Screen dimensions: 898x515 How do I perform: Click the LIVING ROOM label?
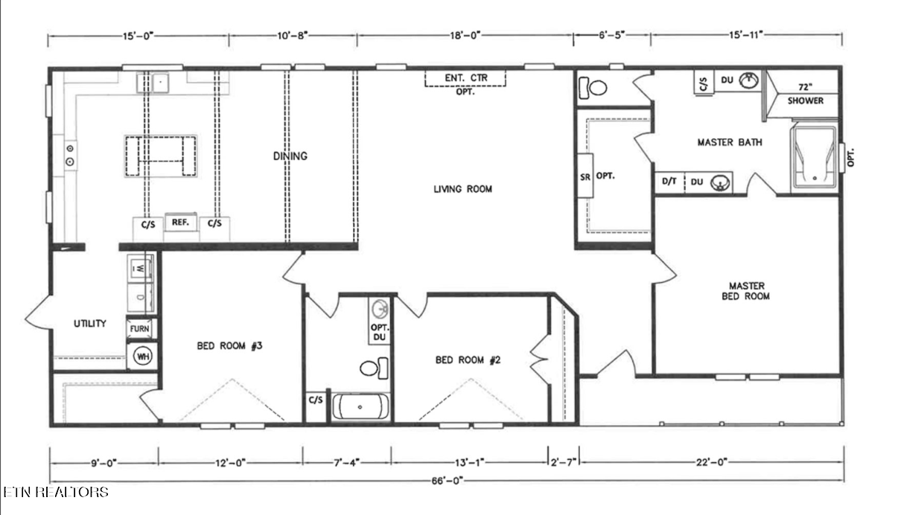[462, 189]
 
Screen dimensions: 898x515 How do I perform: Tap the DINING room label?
[290, 156]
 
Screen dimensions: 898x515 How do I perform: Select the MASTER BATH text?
[730, 142]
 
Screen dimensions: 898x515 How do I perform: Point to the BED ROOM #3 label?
[229, 345]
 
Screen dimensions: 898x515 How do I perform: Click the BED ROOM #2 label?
[468, 360]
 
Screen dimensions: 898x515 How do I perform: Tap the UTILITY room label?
[90, 324]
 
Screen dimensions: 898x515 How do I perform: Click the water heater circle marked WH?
[143, 356]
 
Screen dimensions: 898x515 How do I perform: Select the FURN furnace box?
[139, 329]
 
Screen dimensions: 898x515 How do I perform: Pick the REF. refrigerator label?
[180, 222]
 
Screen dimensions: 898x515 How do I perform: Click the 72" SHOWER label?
[806, 94]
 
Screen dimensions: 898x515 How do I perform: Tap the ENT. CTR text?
[466, 77]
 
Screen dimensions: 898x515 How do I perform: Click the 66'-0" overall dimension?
[447, 481]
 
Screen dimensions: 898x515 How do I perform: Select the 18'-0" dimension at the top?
[465, 36]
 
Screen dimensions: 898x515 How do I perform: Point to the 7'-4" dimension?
[347, 463]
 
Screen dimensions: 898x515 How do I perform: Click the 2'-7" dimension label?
[563, 463]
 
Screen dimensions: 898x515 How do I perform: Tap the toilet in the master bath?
[593, 88]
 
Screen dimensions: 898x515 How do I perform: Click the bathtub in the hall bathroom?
[360, 407]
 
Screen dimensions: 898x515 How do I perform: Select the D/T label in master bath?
[669, 182]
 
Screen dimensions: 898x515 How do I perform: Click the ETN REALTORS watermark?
[56, 492]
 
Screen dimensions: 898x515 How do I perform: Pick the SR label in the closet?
[585, 176]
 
